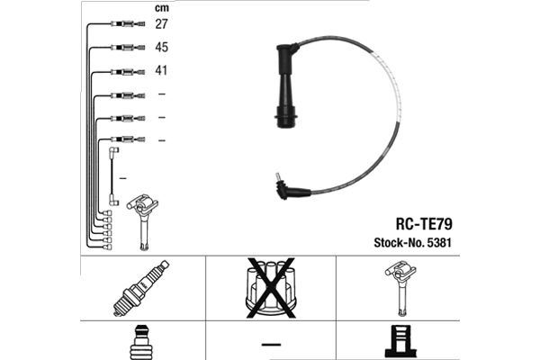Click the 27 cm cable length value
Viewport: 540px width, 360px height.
tap(161, 24)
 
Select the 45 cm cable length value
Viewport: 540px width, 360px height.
tap(161, 47)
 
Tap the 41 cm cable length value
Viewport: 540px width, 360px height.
tap(161, 70)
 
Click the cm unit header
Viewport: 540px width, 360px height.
tap(162, 7)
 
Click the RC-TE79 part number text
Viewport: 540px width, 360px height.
tap(424, 224)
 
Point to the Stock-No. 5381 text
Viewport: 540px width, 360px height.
tap(412, 242)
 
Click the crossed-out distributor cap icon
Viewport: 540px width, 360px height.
tap(271, 288)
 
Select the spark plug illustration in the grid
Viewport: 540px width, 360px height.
tap(141, 288)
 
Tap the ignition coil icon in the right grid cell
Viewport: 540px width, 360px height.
tap(400, 288)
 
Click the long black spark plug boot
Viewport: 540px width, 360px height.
tap(286, 86)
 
